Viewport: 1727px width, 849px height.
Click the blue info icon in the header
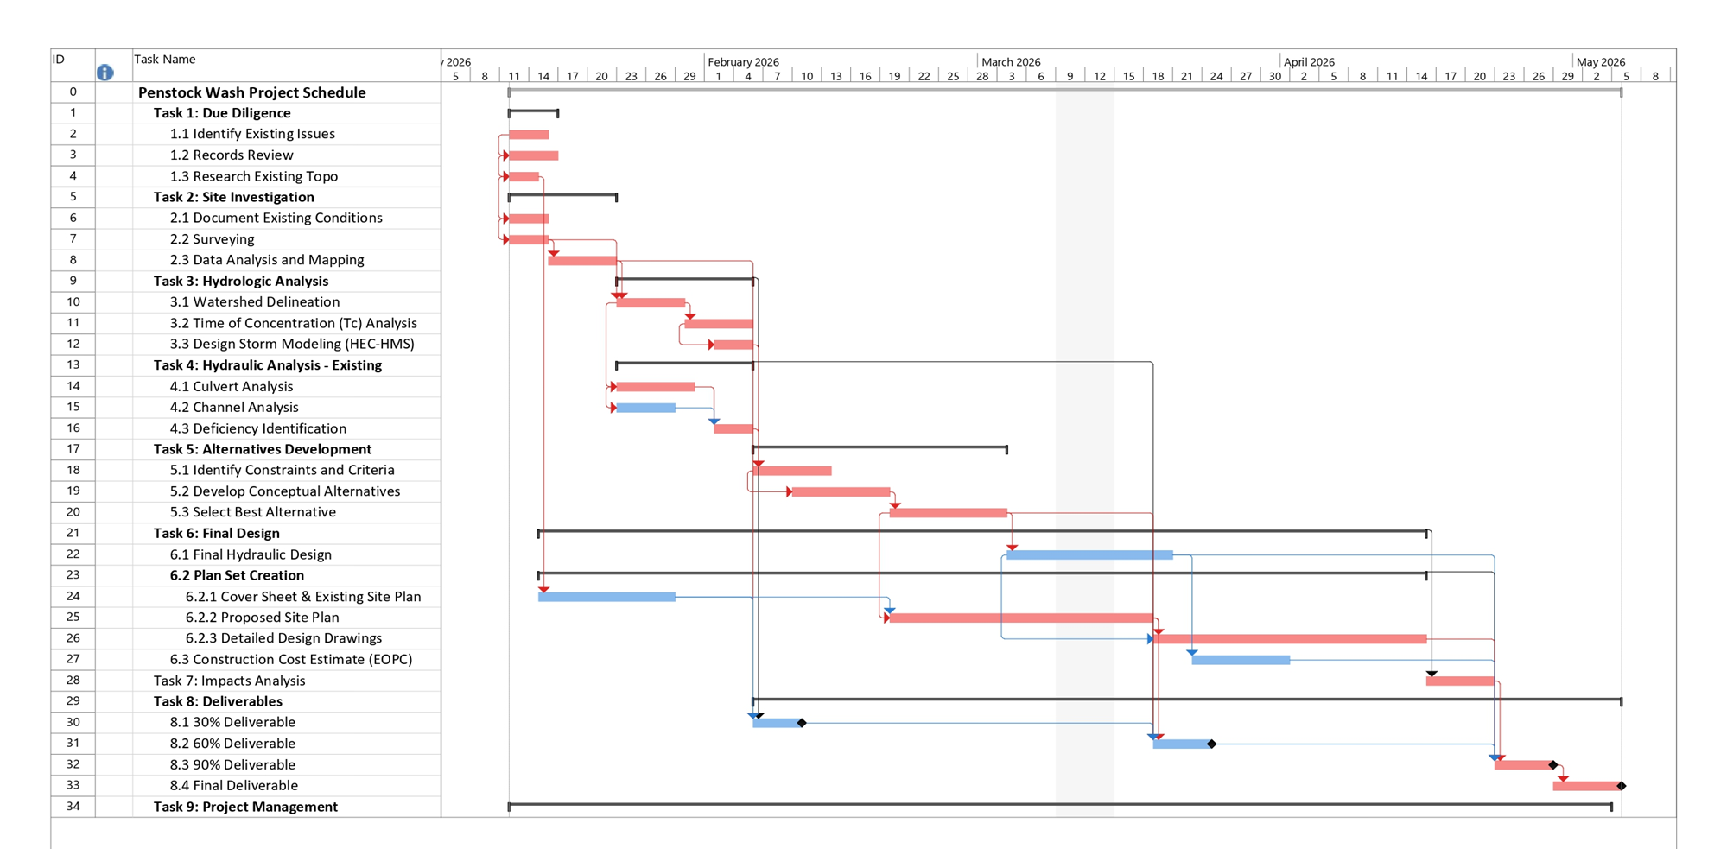pos(105,73)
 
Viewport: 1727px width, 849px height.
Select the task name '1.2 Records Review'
pos(231,155)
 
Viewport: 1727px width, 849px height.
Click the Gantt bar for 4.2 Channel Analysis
pos(645,408)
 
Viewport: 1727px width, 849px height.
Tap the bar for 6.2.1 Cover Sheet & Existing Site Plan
pos(606,597)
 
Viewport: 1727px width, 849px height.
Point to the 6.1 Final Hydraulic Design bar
pos(1089,555)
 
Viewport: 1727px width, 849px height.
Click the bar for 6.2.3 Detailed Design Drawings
pos(1289,639)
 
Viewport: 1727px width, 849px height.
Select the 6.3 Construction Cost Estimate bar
pos(1241,660)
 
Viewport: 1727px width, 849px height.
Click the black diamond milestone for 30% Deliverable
pos(802,723)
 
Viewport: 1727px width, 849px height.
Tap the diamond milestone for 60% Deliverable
pos(1211,744)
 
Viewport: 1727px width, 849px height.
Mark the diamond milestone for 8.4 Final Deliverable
pos(1621,786)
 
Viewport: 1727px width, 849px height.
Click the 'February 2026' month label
pos(743,62)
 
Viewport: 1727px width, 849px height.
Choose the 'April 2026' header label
pos(1309,62)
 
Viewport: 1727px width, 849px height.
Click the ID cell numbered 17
pos(73,449)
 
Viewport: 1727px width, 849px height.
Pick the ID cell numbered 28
pos(73,681)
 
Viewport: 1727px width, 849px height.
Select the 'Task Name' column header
pos(164,60)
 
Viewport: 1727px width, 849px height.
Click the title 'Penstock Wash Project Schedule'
pos(251,92)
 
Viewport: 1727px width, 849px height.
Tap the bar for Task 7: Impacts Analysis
pos(1459,681)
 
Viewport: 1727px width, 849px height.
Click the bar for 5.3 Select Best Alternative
pos(948,513)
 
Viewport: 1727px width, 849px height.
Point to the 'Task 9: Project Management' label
pos(245,807)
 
